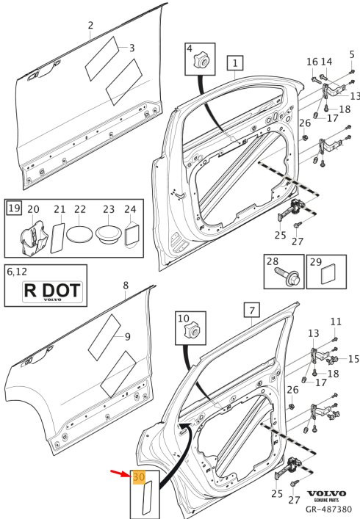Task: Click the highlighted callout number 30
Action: click(139, 477)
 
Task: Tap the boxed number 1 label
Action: click(235, 63)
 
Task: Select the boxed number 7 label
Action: click(252, 310)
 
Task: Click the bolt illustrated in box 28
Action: click(287, 276)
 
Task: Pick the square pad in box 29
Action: click(328, 274)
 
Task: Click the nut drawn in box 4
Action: click(201, 60)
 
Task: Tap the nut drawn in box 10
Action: click(192, 330)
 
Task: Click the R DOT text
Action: click(52, 290)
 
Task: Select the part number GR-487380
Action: click(328, 509)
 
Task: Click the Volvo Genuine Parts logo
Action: click(326, 496)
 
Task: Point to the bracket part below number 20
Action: click(34, 238)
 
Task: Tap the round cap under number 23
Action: click(109, 235)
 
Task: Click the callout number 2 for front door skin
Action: click(91, 26)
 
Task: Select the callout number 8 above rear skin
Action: click(126, 286)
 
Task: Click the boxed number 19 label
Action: click(14, 208)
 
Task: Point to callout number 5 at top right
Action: click(352, 54)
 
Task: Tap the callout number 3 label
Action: click(132, 48)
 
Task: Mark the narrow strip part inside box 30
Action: click(147, 498)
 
